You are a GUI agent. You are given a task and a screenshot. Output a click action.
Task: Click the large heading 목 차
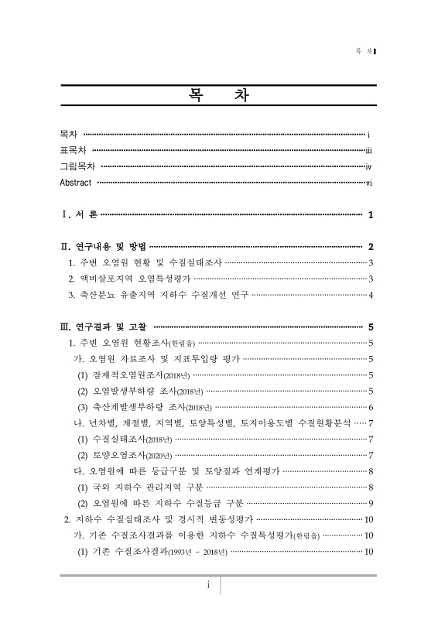pos(219,97)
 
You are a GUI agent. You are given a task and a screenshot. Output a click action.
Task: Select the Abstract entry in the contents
pos(76,183)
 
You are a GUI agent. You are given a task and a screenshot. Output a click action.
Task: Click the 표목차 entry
pos(74,150)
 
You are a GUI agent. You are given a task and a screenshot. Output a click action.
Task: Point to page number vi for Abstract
pos(370,183)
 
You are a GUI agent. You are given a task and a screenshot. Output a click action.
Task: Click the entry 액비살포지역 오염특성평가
pos(128,279)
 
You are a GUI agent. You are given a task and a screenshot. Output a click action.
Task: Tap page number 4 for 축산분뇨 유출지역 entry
pos(371,295)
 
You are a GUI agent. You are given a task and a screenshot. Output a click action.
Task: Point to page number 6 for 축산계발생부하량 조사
pos(371,407)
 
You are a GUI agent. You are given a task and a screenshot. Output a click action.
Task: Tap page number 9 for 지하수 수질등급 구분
pos(371,503)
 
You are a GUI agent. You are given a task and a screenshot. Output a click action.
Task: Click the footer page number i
pos(208,586)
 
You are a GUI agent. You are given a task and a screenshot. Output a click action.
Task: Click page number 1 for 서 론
pos(371,214)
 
